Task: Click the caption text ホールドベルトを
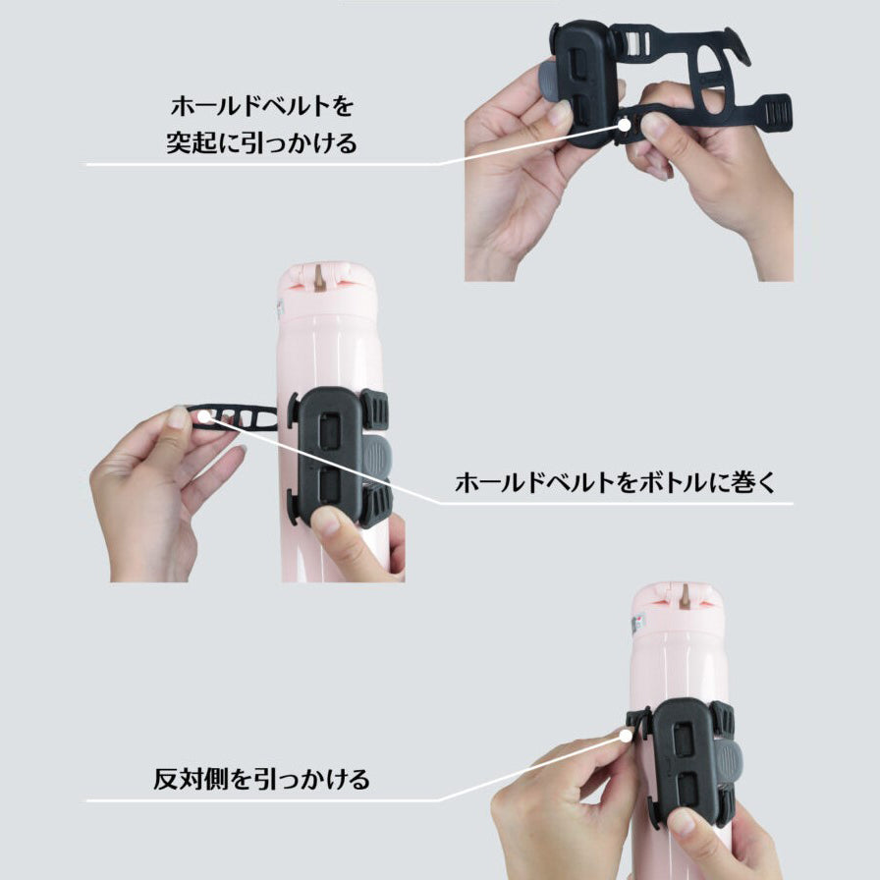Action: tap(262, 106)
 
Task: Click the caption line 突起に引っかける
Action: tap(261, 142)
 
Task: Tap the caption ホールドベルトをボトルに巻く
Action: tap(615, 482)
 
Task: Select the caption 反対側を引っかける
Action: tap(261, 780)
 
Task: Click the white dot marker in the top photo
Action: tap(624, 125)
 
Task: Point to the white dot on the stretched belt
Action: tap(204, 416)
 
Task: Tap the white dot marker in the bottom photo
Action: tap(626, 736)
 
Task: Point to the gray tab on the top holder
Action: tap(549, 82)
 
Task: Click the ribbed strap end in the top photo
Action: tap(777, 115)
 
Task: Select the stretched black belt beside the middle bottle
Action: tap(231, 417)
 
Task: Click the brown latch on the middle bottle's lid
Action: tap(320, 278)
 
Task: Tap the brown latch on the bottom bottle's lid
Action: tap(686, 597)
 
